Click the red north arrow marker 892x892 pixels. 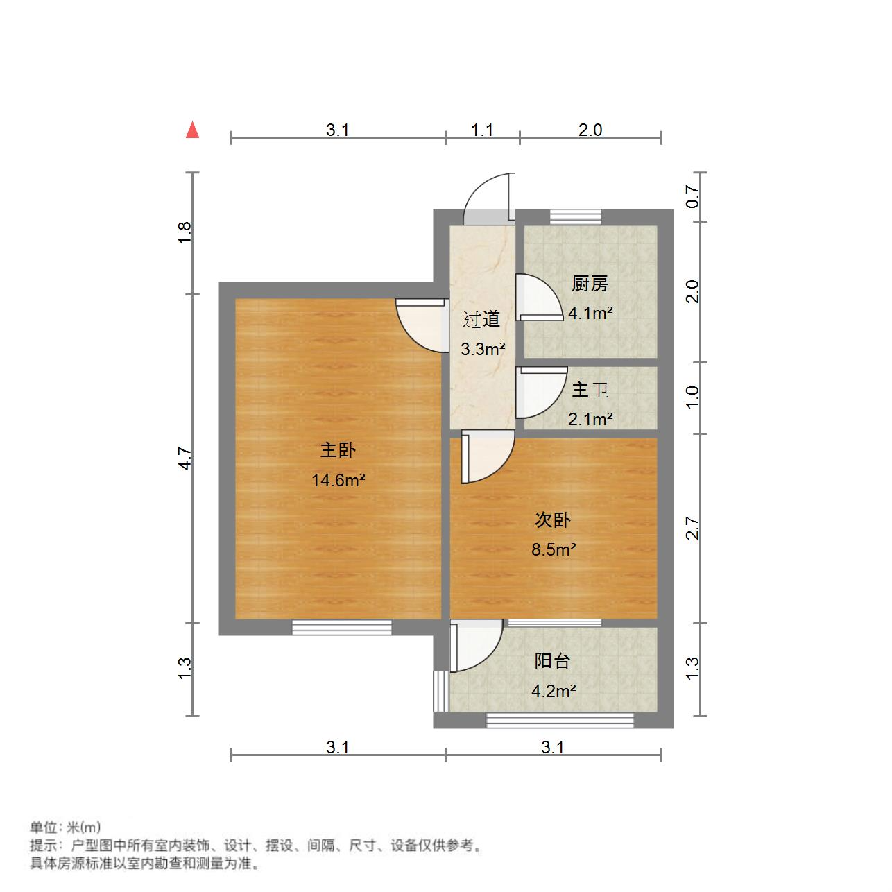click(193, 130)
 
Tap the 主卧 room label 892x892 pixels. click(338, 450)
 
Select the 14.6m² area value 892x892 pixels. click(338, 480)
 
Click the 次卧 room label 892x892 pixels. click(553, 520)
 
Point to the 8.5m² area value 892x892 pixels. click(554, 550)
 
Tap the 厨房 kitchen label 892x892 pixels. click(590, 284)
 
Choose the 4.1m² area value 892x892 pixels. click(590, 313)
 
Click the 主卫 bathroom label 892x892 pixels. click(590, 390)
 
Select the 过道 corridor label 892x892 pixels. click(481, 320)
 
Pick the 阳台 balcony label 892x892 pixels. click(552, 661)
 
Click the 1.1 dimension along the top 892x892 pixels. click(482, 130)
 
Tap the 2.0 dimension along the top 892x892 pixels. click(590, 130)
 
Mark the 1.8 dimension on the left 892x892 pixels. click(185, 232)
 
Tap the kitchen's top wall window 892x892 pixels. click(576, 216)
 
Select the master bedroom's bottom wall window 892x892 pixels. click(341, 627)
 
